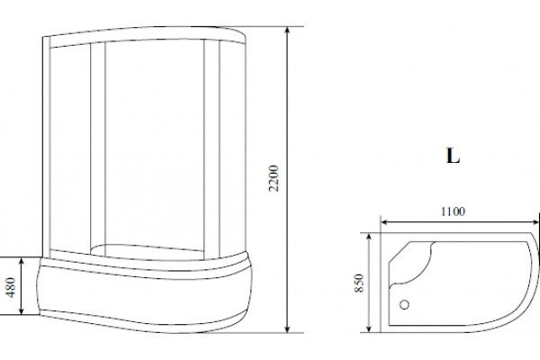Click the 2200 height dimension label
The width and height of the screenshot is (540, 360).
[274, 178]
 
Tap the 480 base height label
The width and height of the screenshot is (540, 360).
[11, 287]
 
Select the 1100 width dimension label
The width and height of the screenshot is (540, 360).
[453, 211]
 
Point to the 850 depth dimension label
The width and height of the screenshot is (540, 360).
[359, 283]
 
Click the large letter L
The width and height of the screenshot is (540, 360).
[453, 156]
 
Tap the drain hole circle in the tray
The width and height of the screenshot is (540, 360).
[404, 304]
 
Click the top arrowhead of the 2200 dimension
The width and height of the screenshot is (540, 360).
[288, 31]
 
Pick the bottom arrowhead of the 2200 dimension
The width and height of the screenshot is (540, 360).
[288, 328]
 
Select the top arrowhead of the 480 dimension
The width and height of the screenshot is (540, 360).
[22, 261]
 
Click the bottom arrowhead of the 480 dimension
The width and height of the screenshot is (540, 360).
[22, 310]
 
